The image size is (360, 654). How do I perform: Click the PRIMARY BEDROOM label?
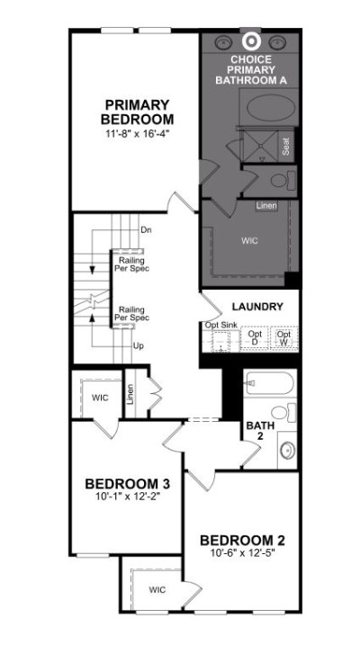[137, 112]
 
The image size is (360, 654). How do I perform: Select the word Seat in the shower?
[285, 147]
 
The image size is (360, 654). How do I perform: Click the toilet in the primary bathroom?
[283, 181]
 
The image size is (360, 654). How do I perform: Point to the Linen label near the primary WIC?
[266, 205]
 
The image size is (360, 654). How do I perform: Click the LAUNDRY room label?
[257, 307]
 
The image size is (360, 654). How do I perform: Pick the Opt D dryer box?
[255, 337]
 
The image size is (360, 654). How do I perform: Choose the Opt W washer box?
[284, 337]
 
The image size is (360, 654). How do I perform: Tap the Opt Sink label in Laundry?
[221, 324]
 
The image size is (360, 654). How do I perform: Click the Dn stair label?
[146, 229]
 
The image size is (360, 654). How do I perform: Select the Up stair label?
[139, 345]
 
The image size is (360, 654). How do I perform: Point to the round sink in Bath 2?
[287, 449]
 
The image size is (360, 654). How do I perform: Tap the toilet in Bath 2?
[283, 413]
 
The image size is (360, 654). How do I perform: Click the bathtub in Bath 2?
[269, 383]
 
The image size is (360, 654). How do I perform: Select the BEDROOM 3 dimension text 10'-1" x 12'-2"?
[127, 496]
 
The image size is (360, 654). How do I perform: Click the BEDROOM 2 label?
[242, 541]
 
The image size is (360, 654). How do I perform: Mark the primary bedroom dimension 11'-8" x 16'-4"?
[137, 134]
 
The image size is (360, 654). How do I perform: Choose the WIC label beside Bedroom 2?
[157, 590]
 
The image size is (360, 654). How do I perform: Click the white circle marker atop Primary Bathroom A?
[251, 41]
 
